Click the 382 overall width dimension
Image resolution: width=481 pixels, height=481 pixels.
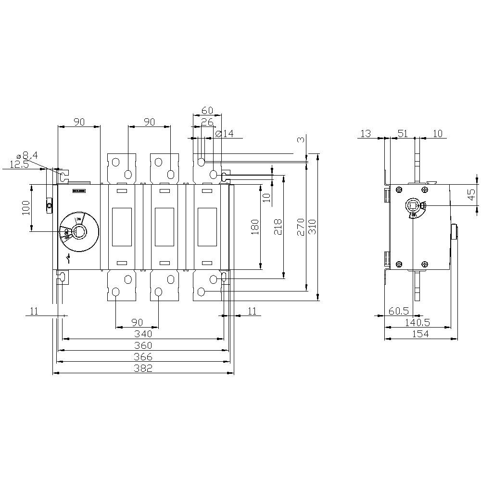click(143, 368)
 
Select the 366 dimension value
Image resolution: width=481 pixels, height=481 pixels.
click(143, 357)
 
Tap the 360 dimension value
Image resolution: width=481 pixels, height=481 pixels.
click(143, 345)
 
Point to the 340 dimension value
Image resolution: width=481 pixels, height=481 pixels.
click(143, 334)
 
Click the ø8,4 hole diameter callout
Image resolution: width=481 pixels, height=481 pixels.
click(27, 155)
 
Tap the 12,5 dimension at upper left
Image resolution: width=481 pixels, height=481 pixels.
click(19, 165)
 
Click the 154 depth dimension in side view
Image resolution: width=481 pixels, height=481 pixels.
click(420, 334)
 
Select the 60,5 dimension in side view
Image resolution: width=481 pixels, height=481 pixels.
click(398, 311)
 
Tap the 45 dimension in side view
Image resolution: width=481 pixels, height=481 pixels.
click(471, 194)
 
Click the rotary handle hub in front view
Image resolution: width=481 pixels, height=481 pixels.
click(78, 232)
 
